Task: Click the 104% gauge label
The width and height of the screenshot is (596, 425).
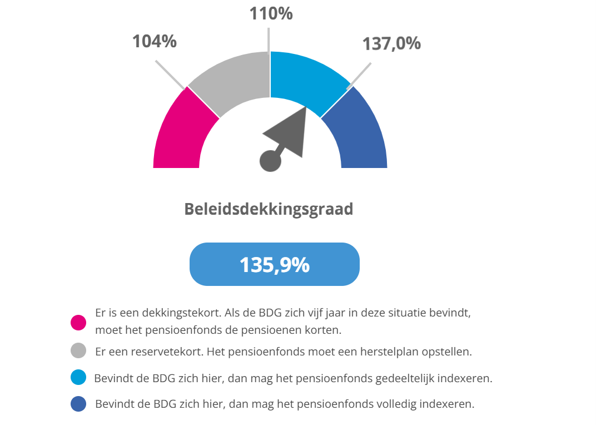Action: pos(154,41)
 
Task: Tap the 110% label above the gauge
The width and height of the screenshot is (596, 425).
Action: pos(270,13)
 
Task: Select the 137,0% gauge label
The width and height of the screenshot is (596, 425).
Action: pos(391,43)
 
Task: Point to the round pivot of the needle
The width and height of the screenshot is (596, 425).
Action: pos(271,161)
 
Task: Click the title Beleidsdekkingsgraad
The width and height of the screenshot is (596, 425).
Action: pos(269,209)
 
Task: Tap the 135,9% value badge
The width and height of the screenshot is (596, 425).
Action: pos(275,265)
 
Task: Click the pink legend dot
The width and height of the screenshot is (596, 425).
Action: pos(78,322)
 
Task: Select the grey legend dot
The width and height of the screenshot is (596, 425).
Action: pos(78,351)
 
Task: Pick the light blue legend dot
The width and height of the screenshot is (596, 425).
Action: pos(78,378)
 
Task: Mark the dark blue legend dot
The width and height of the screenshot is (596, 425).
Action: pos(78,404)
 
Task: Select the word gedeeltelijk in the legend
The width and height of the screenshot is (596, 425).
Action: pos(401,379)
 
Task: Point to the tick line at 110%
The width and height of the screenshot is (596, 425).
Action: pos(270,39)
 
